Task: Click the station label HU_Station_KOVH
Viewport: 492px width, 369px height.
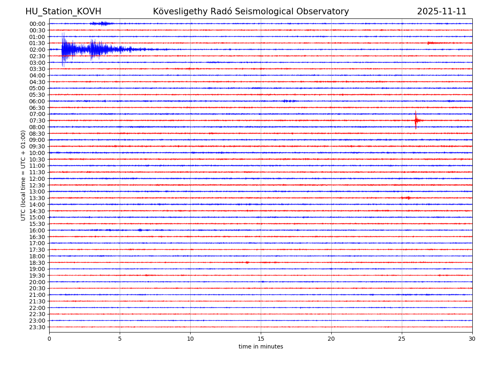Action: point(63,11)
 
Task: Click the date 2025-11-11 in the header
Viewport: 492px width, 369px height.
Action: point(442,11)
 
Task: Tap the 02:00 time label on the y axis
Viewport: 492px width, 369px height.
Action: point(37,50)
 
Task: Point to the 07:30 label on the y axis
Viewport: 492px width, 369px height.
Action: point(37,121)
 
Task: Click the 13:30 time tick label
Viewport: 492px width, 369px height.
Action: point(37,198)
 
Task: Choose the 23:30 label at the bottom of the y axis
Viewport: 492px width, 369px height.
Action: point(37,327)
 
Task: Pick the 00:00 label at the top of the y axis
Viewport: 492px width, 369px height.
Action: point(37,24)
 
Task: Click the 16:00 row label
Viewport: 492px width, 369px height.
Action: point(37,230)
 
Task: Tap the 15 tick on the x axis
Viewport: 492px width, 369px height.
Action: point(261,339)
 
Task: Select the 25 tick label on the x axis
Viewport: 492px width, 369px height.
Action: point(402,339)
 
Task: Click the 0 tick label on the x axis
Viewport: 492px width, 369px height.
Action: point(49,339)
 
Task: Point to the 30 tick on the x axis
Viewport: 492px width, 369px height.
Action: point(472,339)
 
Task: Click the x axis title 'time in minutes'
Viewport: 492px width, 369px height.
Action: point(261,347)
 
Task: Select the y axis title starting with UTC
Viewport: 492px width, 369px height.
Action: point(23,175)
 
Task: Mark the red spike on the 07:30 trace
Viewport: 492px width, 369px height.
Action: point(416,120)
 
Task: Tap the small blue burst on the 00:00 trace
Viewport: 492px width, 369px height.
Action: point(102,24)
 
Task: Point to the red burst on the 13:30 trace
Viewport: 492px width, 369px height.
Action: point(406,198)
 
